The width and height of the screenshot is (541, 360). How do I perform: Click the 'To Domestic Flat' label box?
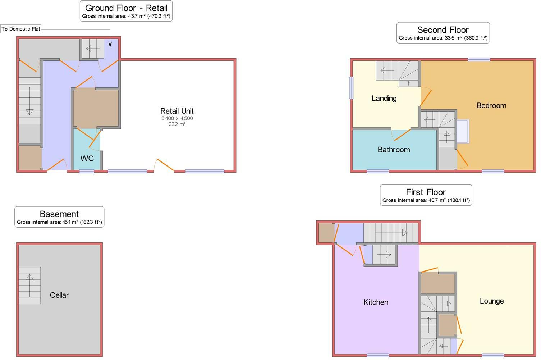coord(21,29)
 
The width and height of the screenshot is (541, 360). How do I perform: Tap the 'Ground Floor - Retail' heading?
coord(126,8)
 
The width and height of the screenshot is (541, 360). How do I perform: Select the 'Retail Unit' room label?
coord(177,111)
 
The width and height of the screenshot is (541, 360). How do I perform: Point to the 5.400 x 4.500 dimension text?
coord(177,118)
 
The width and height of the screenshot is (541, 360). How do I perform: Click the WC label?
coord(87,158)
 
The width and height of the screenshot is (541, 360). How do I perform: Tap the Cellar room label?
coord(59,295)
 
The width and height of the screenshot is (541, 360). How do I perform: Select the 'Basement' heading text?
coord(59,214)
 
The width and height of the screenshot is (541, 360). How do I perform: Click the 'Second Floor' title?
coord(443,30)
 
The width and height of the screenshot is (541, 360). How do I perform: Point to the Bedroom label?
coord(491,105)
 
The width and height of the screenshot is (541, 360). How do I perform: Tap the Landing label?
coord(384,98)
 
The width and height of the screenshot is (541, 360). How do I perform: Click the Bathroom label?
coord(394,150)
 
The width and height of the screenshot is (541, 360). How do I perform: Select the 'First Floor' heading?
coord(426,192)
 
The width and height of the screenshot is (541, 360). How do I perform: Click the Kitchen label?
coord(376,302)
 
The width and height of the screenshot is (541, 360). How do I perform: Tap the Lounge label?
coord(491,301)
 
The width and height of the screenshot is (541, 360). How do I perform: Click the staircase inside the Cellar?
coord(29,285)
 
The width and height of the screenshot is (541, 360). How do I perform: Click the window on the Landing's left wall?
coord(352,88)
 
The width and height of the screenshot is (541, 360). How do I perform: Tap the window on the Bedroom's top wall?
coord(479,60)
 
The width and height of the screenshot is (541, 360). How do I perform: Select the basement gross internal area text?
coord(59,222)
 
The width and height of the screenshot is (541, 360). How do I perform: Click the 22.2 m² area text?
coord(177,124)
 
